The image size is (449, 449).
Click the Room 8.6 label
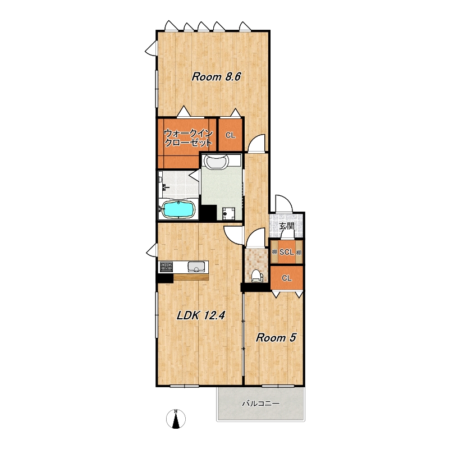click(217, 77)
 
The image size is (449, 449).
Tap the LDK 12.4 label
click(201, 315)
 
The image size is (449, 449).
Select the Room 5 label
click(276, 338)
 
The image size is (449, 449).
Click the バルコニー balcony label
click(260, 404)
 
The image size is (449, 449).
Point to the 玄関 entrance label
click(287, 226)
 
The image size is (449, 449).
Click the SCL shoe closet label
click(287, 252)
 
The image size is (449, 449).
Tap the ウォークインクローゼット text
click(189, 138)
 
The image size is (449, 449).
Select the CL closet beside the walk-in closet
click(231, 135)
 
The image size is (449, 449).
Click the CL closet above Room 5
click(287, 278)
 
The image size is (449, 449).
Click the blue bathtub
click(178, 209)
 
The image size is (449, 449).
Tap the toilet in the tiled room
click(256, 276)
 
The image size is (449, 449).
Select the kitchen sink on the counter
click(196, 267)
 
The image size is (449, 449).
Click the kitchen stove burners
click(166, 267)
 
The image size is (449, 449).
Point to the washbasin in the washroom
click(217, 162)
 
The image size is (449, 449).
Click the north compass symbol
click(176, 418)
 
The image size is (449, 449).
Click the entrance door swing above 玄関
click(284, 204)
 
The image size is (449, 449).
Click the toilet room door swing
click(256, 237)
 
